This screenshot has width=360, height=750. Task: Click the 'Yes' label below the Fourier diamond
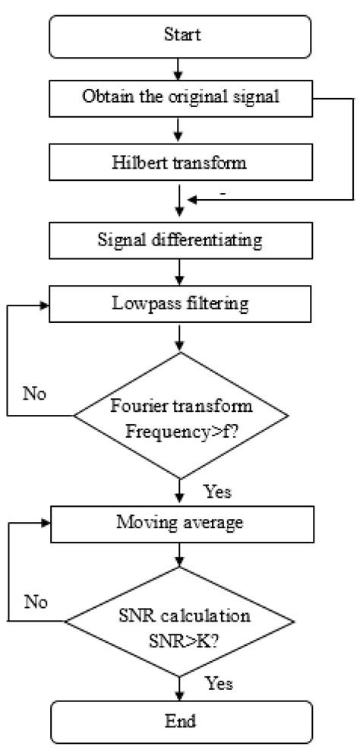[x=217, y=492]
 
